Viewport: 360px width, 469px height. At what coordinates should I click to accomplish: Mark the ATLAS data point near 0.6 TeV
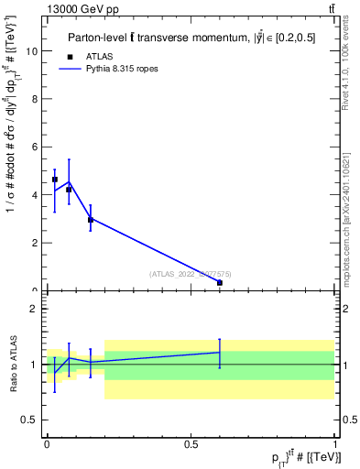click(220, 283)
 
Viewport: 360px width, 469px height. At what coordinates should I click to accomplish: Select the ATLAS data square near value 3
click(90, 220)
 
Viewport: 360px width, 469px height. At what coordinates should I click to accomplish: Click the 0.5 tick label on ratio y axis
click(31, 420)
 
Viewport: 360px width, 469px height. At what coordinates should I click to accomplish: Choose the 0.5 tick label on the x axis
click(191, 442)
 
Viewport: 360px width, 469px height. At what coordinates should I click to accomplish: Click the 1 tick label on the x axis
click(335, 442)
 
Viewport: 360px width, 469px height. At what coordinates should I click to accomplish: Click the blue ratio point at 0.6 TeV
click(220, 352)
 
